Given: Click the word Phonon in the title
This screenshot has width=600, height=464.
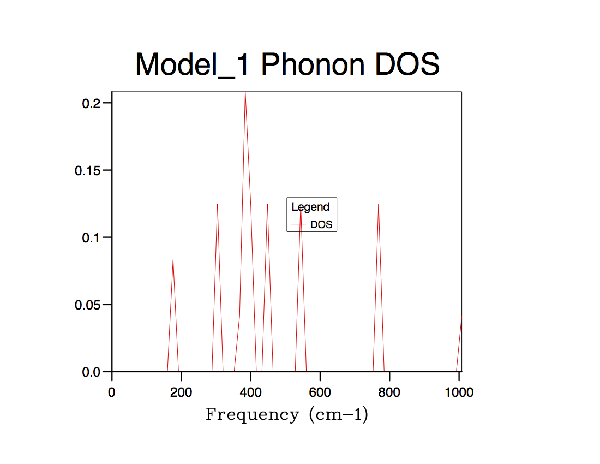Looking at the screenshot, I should [x=313, y=65].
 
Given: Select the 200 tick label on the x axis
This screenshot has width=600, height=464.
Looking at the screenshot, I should [x=181, y=392].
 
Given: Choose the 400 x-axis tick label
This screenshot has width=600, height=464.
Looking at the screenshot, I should [x=250, y=392].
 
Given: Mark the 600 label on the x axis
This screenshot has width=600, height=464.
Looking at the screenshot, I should [x=320, y=392].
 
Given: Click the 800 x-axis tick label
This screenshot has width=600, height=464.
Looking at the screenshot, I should [x=389, y=392].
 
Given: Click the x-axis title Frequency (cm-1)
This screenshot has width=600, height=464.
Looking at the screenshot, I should [x=287, y=415].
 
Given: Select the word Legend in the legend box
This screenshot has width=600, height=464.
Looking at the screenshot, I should [x=310, y=207].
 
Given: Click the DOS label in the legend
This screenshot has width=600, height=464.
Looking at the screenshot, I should [x=321, y=224].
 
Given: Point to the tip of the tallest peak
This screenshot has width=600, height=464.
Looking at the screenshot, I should [x=245, y=92].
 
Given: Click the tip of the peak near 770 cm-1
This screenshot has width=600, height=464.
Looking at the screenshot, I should [x=378, y=204].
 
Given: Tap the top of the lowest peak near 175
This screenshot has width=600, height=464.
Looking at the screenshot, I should [x=173, y=260].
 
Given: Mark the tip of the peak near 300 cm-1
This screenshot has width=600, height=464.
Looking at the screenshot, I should [x=217, y=204].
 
